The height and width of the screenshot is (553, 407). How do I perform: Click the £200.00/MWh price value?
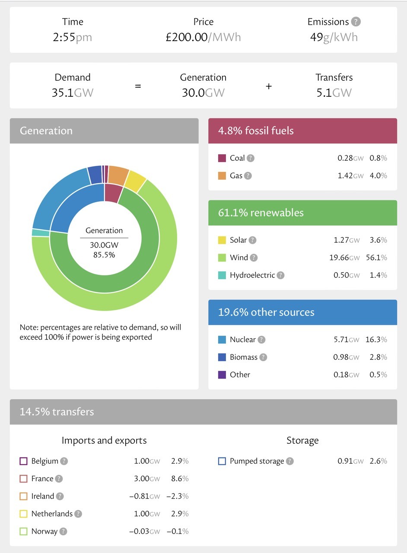[x=203, y=37]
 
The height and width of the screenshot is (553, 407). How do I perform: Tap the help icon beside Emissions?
[x=356, y=22]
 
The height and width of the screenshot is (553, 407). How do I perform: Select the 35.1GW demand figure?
[x=72, y=92]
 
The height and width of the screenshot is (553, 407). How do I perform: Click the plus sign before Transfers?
[x=269, y=86]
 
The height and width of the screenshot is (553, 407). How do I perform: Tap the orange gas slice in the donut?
[x=118, y=174]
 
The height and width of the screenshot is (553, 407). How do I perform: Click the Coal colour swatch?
[x=222, y=158]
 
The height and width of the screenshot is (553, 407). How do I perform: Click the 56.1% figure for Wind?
[x=378, y=258]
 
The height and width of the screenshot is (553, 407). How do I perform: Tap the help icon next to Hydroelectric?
[x=281, y=275]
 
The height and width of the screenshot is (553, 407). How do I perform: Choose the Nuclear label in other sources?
[x=243, y=340]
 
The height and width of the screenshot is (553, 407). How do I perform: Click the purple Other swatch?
[x=222, y=375]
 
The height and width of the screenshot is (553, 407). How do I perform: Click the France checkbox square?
[x=24, y=479]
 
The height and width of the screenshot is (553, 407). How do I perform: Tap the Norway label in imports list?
[x=44, y=531]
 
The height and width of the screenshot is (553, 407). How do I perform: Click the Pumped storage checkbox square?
[x=222, y=461]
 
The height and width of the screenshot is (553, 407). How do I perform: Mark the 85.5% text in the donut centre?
[x=104, y=255]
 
